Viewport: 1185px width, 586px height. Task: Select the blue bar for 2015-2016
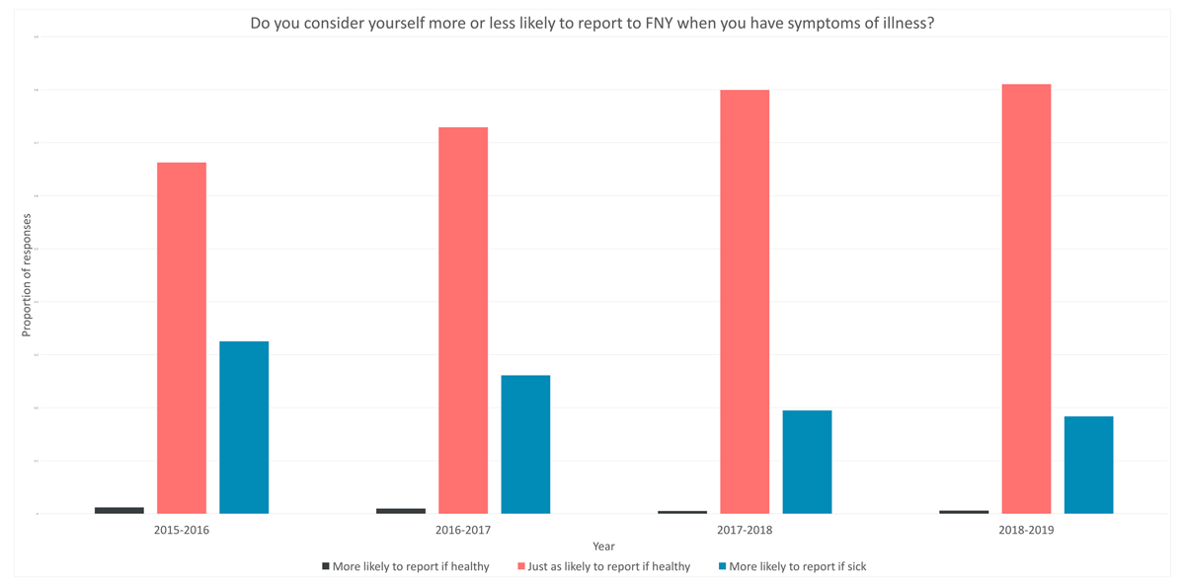point(244,427)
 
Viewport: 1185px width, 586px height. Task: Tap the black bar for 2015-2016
point(119,510)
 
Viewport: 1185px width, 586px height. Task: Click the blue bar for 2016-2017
point(525,444)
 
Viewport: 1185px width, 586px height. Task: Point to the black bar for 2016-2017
point(401,511)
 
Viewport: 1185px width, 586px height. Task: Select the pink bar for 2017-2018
point(745,301)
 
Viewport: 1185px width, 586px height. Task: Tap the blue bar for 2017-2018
point(807,462)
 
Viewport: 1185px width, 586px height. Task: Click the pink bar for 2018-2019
point(1026,298)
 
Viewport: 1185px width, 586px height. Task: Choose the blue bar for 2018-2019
point(1088,465)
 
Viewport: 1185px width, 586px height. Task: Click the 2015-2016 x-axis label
point(182,530)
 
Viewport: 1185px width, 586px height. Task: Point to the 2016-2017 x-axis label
point(463,530)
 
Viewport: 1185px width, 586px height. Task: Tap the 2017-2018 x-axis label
point(745,530)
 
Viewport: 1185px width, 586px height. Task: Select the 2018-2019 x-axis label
point(1026,530)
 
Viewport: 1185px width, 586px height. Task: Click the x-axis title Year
point(603,547)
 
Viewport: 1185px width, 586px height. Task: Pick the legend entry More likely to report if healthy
point(411,567)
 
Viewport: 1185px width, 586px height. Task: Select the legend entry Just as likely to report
point(608,567)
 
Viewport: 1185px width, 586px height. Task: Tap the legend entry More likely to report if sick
point(797,567)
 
